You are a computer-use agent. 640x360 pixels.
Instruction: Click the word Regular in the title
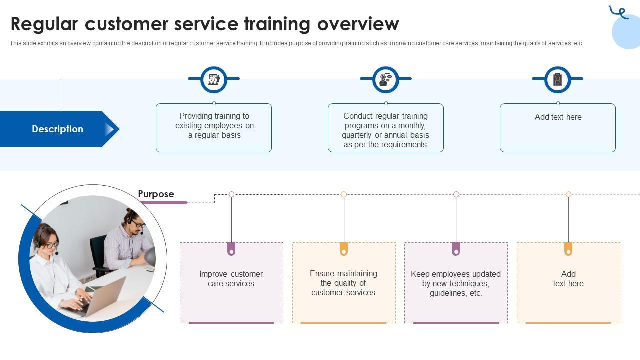click(44, 25)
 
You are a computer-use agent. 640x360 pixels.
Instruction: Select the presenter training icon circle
click(214, 80)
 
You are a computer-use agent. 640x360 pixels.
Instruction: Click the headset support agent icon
click(386, 80)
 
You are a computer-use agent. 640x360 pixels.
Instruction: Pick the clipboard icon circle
click(558, 80)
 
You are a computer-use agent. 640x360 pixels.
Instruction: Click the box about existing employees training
click(214, 128)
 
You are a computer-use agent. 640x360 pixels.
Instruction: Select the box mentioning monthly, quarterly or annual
click(386, 128)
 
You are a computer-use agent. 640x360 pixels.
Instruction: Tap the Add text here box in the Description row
click(558, 128)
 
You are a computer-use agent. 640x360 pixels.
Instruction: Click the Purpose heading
click(156, 194)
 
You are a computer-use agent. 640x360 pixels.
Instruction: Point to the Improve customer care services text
click(231, 279)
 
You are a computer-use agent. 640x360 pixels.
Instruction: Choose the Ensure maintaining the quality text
click(343, 283)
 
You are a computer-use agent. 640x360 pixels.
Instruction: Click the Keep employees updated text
click(456, 283)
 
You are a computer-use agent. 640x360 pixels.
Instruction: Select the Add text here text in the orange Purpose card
click(568, 279)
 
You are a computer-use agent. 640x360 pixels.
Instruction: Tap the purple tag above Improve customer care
click(231, 249)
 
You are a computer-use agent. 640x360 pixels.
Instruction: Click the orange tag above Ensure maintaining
click(344, 249)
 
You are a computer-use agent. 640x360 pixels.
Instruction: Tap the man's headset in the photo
click(133, 221)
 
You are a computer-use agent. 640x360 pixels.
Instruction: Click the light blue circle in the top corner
click(626, 31)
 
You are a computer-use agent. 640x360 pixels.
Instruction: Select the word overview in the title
click(358, 25)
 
